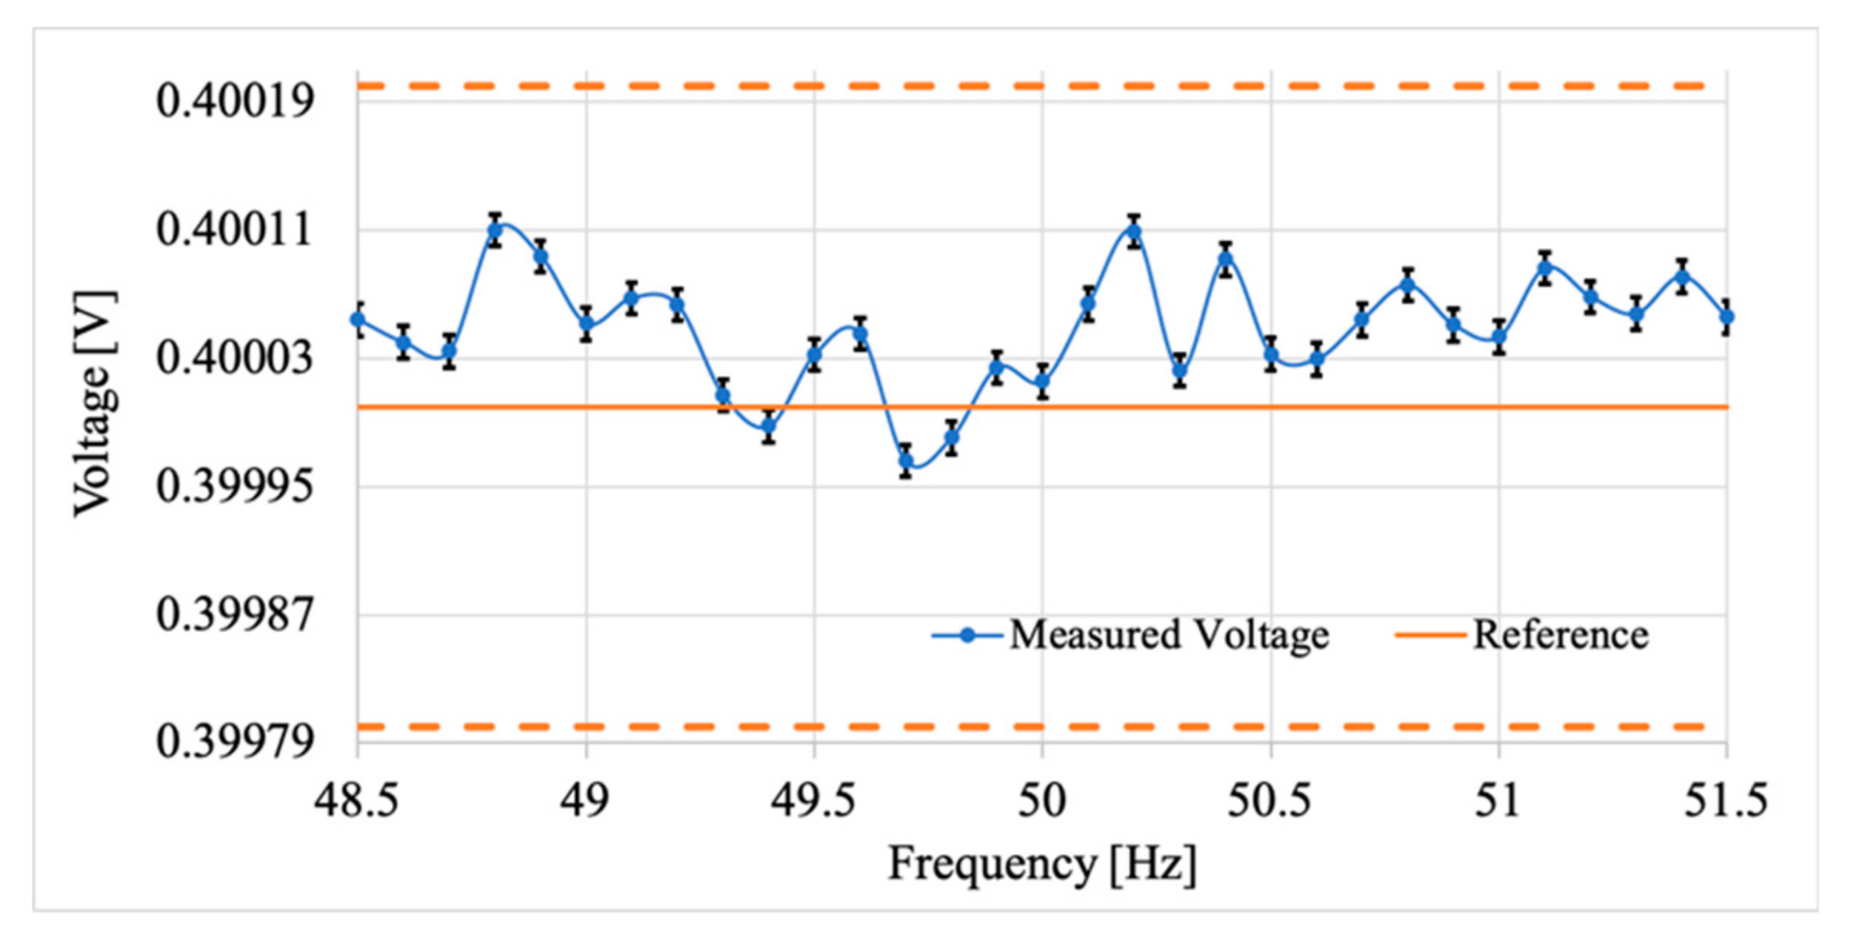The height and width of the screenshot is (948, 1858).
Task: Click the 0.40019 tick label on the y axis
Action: tap(235, 101)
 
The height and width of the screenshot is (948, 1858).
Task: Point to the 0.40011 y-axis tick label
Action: tap(235, 229)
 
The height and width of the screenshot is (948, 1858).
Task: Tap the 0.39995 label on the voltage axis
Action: tap(235, 486)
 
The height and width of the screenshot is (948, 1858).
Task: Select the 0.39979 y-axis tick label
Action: tap(235, 742)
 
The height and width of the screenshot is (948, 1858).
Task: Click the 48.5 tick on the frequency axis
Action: tap(356, 800)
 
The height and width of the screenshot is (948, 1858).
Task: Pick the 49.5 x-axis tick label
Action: tap(813, 800)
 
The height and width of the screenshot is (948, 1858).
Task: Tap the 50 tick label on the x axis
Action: tap(1042, 800)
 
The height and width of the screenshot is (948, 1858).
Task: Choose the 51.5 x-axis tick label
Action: tap(1726, 800)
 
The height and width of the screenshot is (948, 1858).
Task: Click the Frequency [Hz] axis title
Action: tap(1042, 863)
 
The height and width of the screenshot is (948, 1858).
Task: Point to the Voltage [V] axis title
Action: tap(95, 404)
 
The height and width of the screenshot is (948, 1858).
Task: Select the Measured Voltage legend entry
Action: tap(1131, 636)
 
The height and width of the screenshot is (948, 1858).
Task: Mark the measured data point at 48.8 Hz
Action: tap(495, 230)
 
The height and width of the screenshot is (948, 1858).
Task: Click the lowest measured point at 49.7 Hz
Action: tap(906, 461)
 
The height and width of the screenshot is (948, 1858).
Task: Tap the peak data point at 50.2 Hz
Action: tap(1133, 232)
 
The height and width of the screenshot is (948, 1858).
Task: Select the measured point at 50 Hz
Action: tap(1042, 381)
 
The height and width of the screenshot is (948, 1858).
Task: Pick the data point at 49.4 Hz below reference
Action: tap(768, 426)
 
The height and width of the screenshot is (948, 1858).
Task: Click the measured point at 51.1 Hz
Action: tap(1544, 268)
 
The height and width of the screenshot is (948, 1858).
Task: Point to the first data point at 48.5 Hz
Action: tap(358, 319)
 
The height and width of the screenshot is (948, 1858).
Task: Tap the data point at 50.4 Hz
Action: tap(1226, 259)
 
